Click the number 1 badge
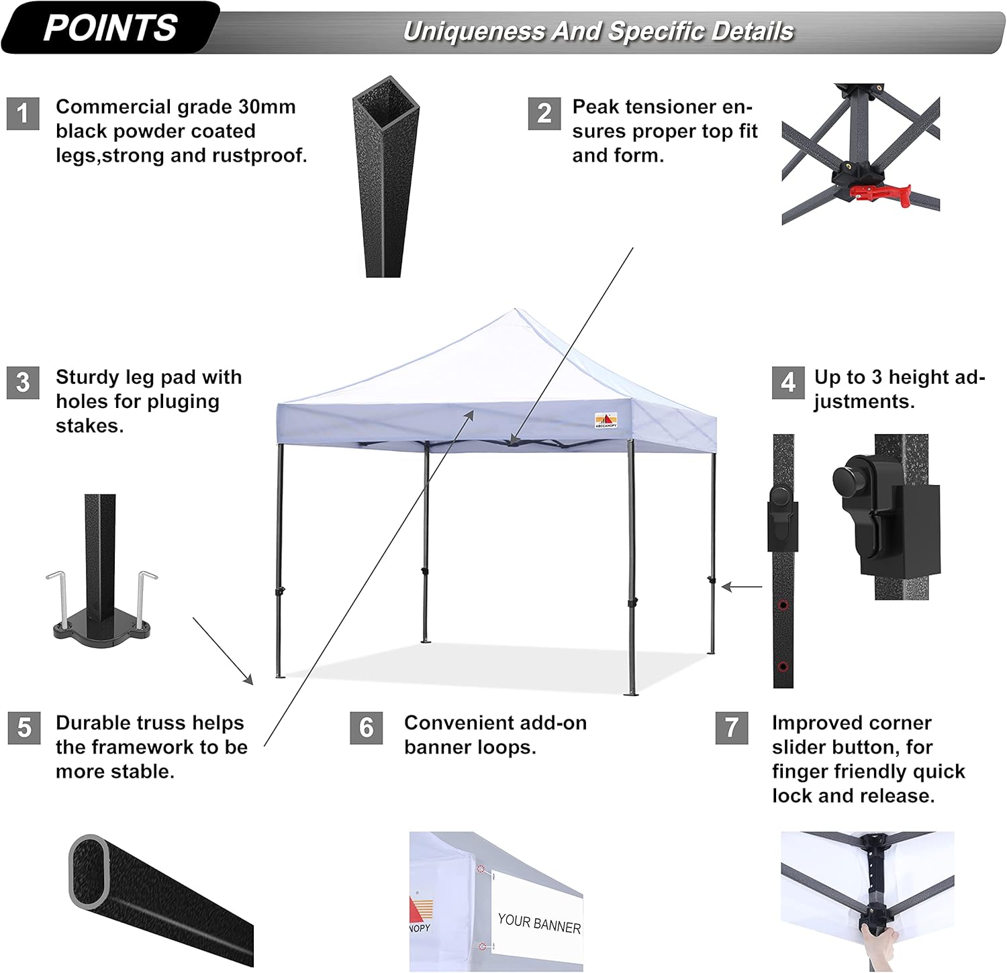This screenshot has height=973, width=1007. (23, 113)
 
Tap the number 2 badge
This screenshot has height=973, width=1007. (544, 113)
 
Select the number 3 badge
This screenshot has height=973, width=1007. (23, 382)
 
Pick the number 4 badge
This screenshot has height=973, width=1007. (788, 382)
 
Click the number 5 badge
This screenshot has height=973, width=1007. (24, 728)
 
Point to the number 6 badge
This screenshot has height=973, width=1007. (367, 728)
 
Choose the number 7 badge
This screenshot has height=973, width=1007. (732, 728)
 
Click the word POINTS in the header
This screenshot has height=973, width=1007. (110, 28)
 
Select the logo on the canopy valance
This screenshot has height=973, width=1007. (606, 420)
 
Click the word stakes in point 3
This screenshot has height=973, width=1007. (89, 425)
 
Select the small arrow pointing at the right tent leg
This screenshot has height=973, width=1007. (741, 586)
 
